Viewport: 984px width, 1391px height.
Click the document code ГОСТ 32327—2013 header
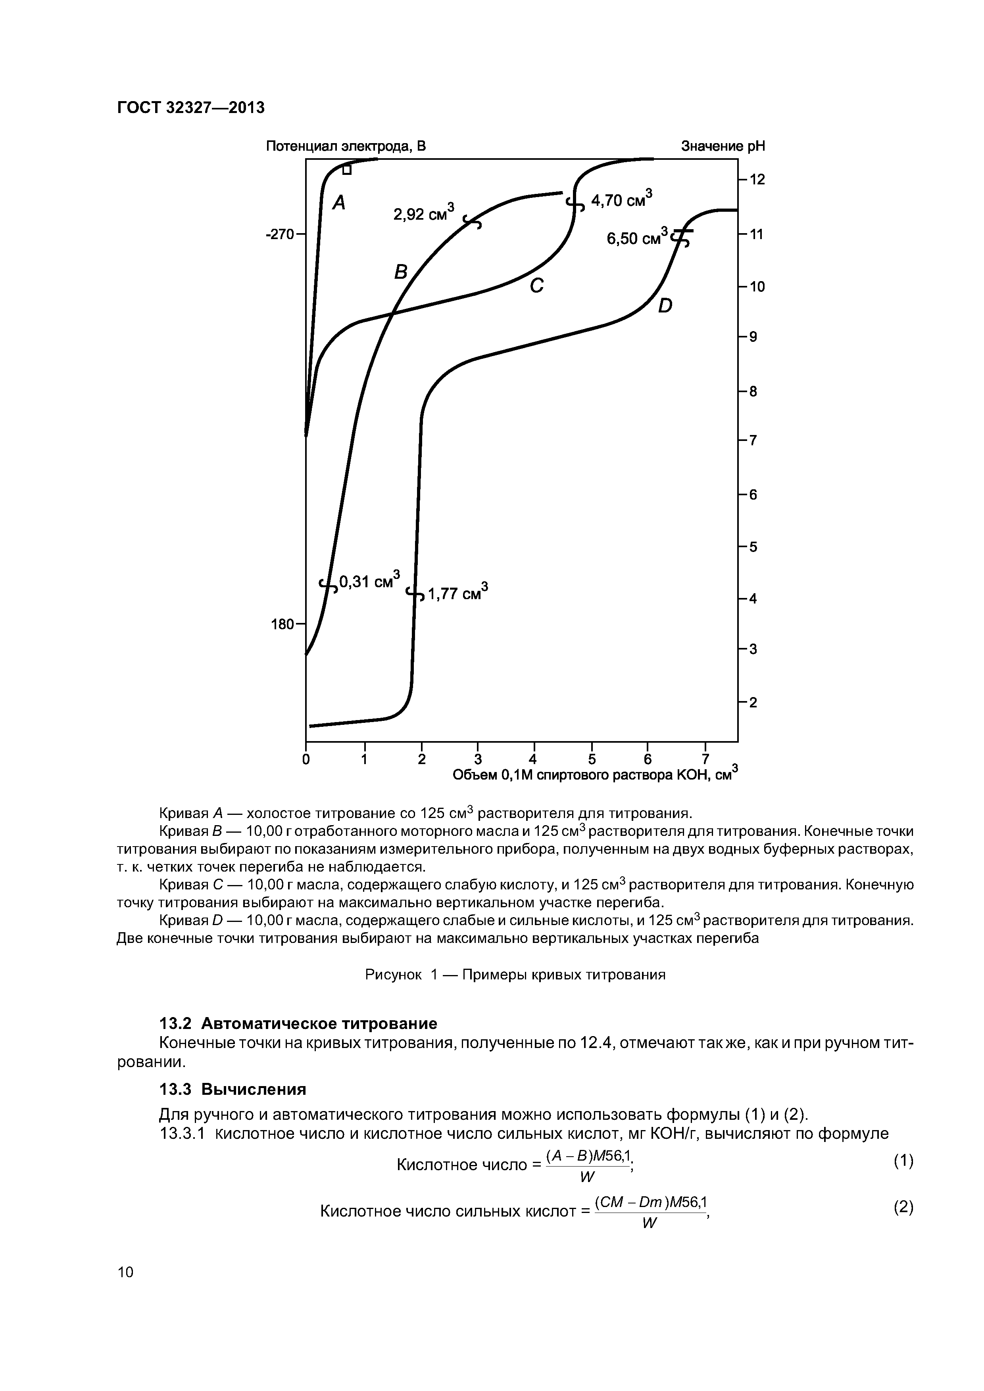[x=190, y=108]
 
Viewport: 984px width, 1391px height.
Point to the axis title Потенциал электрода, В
[x=346, y=147]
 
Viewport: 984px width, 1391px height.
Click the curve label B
[x=401, y=273]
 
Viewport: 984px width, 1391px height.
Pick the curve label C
[x=536, y=285]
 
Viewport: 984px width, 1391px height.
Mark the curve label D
[x=665, y=307]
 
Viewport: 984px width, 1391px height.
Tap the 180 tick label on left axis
[x=282, y=624]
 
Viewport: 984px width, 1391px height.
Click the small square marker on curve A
[x=346, y=170]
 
